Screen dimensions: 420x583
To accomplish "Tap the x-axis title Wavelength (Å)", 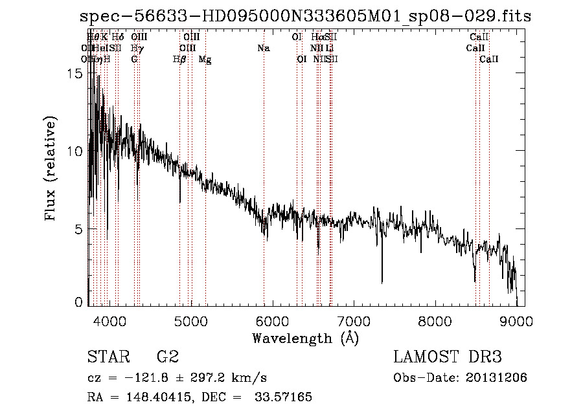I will tap(305, 337).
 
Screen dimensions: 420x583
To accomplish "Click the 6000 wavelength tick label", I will tap(272, 321).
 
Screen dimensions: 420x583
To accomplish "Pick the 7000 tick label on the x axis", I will tap(354, 321).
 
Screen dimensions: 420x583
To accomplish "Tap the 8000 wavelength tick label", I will tap(435, 321).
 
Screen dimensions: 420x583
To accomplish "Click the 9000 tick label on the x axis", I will tap(516, 321).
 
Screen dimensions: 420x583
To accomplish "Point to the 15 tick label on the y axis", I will tap(75, 74).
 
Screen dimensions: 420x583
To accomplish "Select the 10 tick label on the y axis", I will tap(75, 151).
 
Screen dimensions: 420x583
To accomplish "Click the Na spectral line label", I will tap(263, 49).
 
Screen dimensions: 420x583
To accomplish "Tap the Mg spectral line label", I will tap(205, 60).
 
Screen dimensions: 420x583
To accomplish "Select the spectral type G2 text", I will tap(168, 357).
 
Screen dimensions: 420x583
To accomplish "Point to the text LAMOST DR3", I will tap(448, 357).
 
